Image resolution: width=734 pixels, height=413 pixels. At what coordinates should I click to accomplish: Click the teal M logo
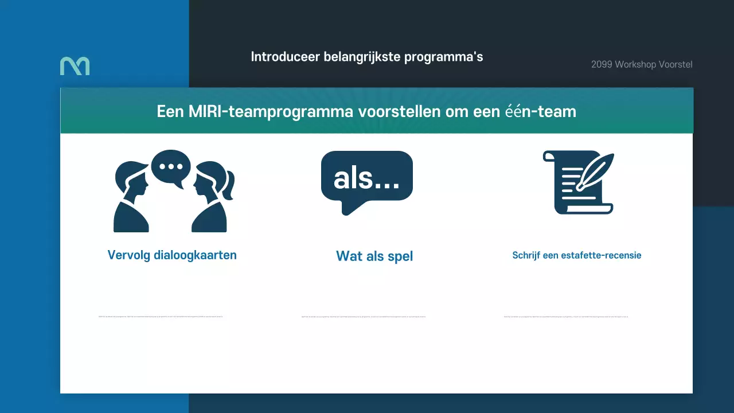coord(75,66)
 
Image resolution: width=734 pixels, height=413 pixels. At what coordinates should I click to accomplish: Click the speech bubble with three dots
coord(171,167)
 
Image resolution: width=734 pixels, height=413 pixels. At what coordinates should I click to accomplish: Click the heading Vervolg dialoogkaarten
coord(172,255)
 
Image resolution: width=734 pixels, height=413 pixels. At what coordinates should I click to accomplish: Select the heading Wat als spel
coord(374,256)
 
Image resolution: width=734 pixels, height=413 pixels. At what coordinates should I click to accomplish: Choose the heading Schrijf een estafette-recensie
coord(576,255)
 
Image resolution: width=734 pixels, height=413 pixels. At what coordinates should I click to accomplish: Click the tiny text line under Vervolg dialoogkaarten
coord(161,316)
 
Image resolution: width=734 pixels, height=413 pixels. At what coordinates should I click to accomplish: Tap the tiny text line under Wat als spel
coord(364,316)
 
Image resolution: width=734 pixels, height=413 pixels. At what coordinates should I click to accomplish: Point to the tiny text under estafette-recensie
coord(565,316)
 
